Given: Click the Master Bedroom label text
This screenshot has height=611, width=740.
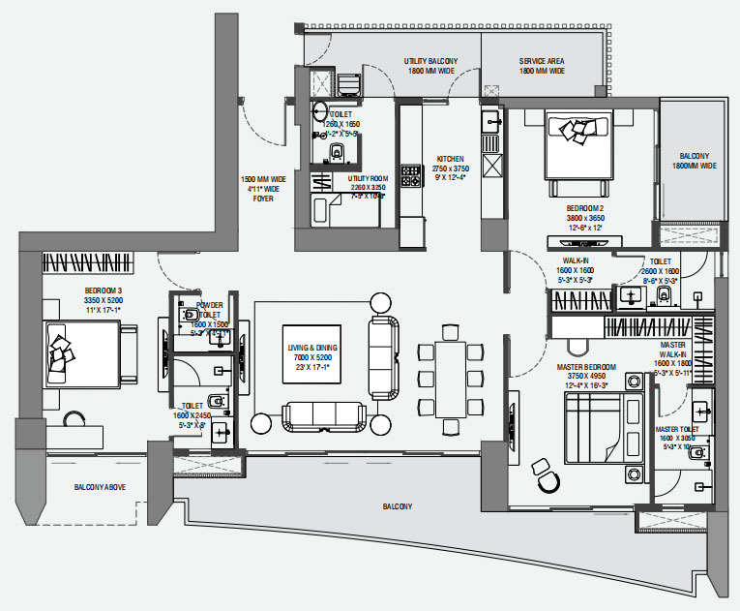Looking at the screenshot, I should [x=587, y=367].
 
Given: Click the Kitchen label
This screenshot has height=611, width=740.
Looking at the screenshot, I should [x=450, y=159].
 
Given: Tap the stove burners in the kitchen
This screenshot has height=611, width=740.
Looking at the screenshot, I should [x=411, y=176].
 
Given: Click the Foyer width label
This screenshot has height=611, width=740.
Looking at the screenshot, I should [x=264, y=189].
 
